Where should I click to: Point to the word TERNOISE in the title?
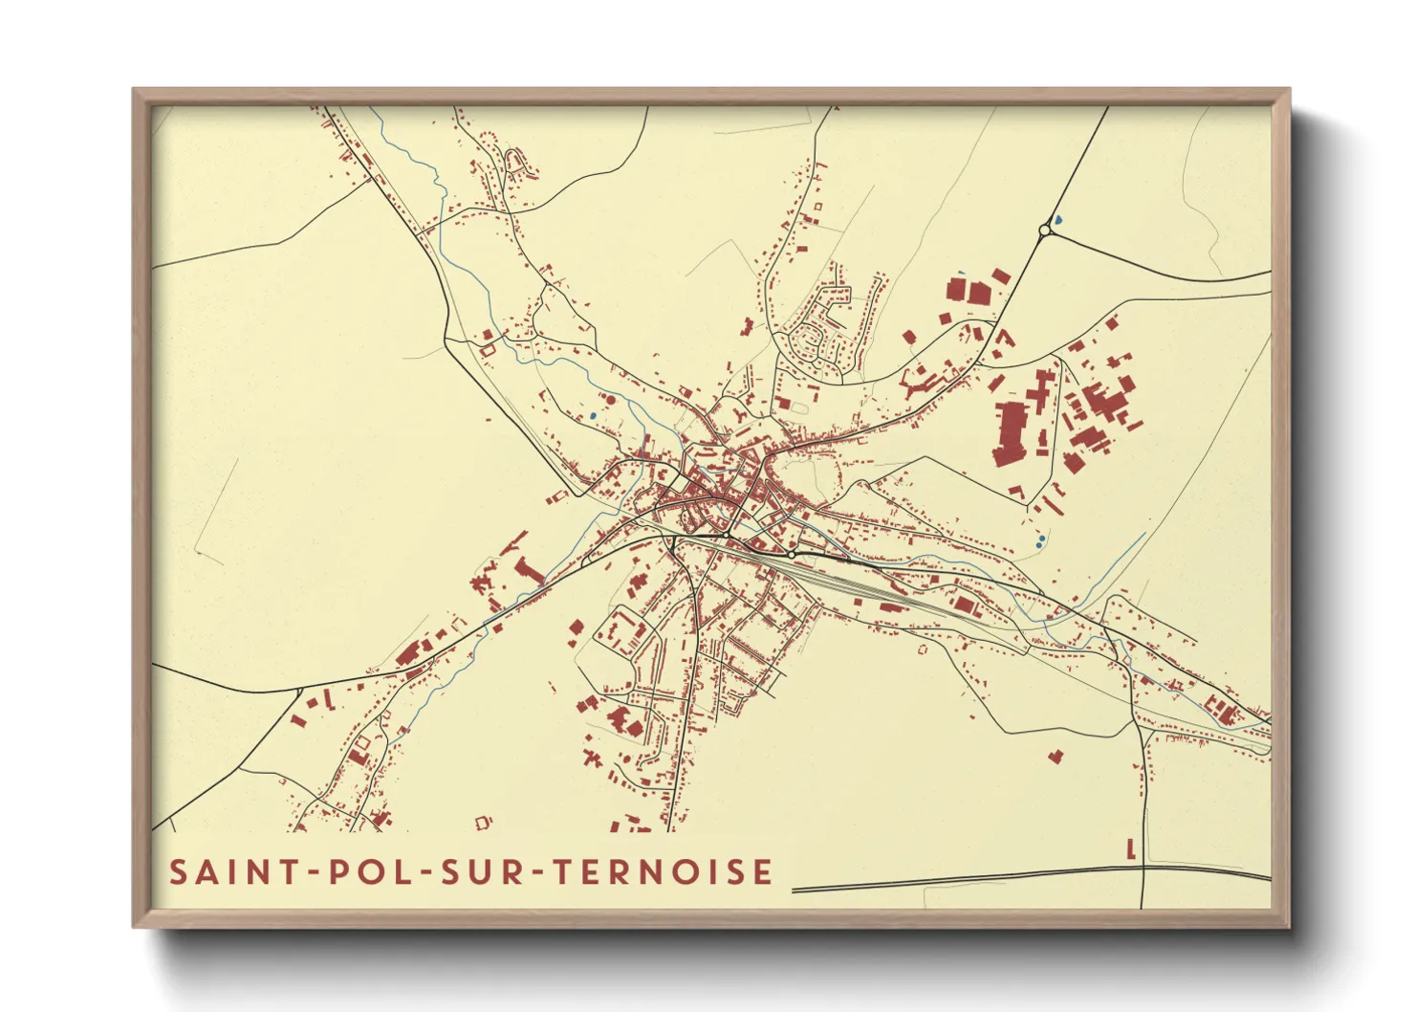coord(664,872)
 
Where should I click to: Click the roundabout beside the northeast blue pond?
coord(1044,230)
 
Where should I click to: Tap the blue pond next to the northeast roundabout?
coord(1059,221)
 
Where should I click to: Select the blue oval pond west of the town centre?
coord(593,416)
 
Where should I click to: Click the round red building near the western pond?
coord(610,399)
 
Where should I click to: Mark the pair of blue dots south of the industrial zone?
coord(1040,540)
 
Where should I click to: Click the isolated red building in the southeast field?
coord(1056,756)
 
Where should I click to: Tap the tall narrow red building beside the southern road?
coord(1131,848)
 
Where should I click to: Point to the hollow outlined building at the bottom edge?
coord(482,821)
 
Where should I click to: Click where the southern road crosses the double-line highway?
coord(1143,869)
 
